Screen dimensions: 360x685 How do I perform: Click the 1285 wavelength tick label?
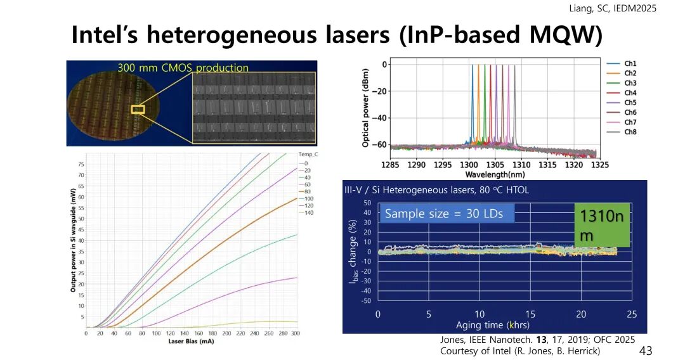pyautogui.click(x=391, y=165)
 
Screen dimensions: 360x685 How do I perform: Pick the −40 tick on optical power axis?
pyautogui.click(x=379, y=118)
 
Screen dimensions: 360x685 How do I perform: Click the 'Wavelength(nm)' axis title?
pyautogui.click(x=495, y=174)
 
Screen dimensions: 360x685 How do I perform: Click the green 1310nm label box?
pyautogui.click(x=602, y=226)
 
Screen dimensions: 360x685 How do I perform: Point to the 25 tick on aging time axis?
pyautogui.click(x=631, y=314)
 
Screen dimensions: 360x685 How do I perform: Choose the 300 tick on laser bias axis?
pyautogui.click(x=295, y=333)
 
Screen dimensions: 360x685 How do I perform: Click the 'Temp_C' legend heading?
pyautogui.click(x=308, y=154)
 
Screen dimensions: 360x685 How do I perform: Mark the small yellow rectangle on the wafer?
pyautogui.click(x=138, y=110)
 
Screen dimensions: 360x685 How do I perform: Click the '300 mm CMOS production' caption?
pyautogui.click(x=183, y=68)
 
